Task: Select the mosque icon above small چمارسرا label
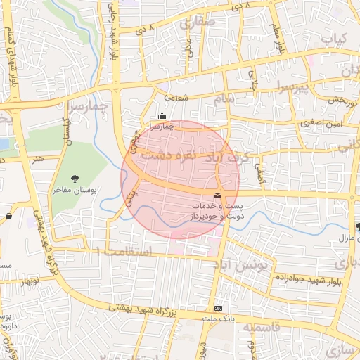pos(162,117)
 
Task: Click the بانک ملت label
pos(220,318)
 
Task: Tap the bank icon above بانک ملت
pos(218,308)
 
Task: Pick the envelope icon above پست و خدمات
pos(217,195)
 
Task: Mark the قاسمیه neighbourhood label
pos(262,327)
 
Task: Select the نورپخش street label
pos(345,101)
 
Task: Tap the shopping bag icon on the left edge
pos(8,216)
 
